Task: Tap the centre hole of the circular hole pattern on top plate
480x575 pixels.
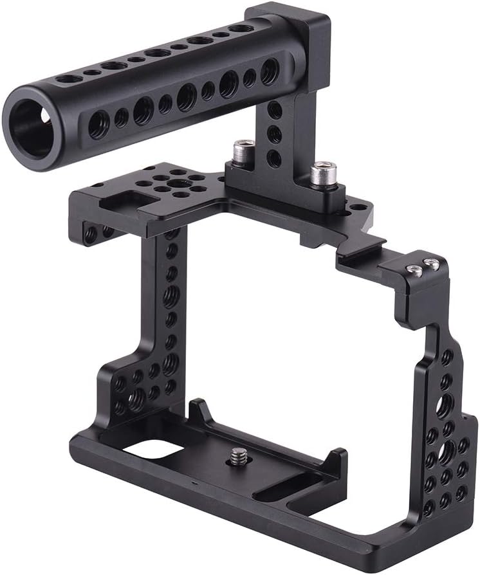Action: pos(174,183)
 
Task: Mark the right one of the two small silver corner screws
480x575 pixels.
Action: pos(433,264)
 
